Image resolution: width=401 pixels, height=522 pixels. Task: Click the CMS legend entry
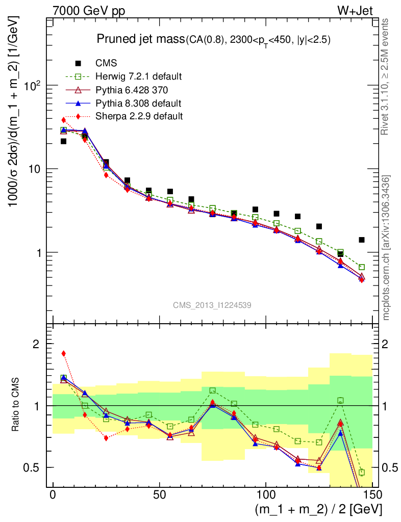(x=107, y=63)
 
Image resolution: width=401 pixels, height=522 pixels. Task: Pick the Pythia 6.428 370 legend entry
(x=133, y=90)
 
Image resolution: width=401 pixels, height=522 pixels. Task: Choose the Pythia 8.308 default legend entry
(x=139, y=103)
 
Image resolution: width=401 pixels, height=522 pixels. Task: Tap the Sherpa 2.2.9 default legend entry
(x=139, y=116)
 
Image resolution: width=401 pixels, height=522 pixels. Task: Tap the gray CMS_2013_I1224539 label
(x=212, y=305)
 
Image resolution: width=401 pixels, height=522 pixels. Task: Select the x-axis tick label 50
(x=159, y=495)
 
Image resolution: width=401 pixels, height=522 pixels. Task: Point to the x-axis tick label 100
(x=266, y=495)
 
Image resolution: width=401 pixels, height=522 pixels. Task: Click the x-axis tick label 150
(x=372, y=495)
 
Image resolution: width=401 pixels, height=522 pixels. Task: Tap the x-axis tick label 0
(x=53, y=495)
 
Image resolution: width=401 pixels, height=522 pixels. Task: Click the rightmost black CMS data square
(x=361, y=240)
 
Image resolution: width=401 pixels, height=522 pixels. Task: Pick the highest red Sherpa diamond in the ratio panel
(x=64, y=353)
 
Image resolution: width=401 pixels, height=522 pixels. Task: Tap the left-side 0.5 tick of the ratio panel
(x=33, y=467)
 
